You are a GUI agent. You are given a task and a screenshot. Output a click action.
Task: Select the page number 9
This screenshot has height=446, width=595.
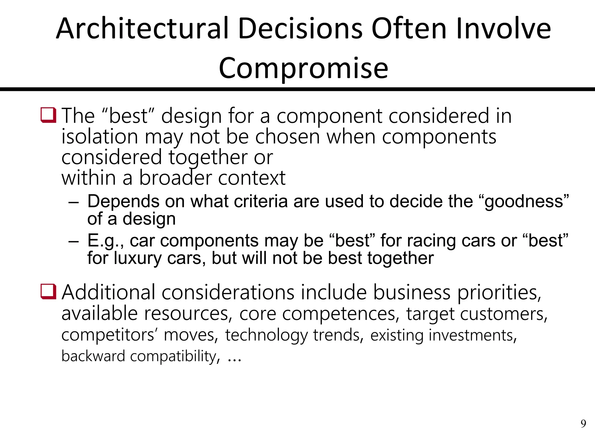[583, 424]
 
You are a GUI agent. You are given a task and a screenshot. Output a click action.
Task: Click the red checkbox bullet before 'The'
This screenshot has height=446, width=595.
[48, 115]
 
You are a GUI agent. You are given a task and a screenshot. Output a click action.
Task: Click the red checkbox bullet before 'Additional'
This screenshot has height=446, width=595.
[48, 292]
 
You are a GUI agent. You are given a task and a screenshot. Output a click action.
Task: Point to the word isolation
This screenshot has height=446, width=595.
[100, 137]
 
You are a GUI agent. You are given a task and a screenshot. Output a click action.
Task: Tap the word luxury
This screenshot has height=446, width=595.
[137, 258]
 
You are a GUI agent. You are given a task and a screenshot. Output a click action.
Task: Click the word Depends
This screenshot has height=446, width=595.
[123, 201]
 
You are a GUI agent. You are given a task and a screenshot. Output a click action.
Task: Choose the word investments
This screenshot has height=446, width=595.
[472, 335]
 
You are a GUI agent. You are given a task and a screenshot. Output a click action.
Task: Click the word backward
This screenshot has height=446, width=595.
[93, 356]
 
